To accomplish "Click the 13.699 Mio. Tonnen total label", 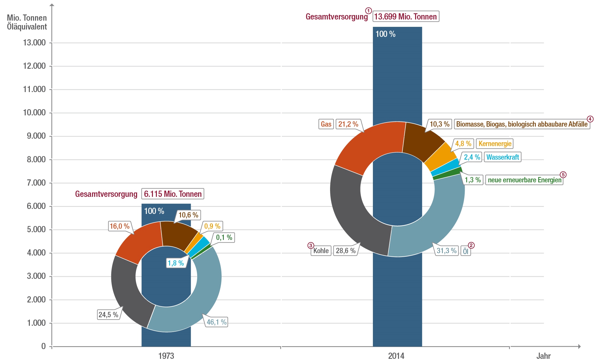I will pyautogui.click(x=406, y=17).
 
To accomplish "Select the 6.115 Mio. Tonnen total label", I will pyautogui.click(x=173, y=194).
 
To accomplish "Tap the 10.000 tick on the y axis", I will pyautogui.click(x=34, y=112).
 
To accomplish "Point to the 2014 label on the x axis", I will pyautogui.click(x=396, y=356).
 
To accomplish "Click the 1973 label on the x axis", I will pyautogui.click(x=166, y=356).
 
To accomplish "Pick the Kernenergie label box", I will pyautogui.click(x=495, y=144).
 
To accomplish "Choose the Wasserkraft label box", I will pyautogui.click(x=503, y=157).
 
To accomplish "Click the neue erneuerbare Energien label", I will pyautogui.click(x=524, y=180).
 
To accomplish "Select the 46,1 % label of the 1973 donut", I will pyautogui.click(x=216, y=322).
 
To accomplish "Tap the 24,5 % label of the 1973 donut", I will pyautogui.click(x=108, y=315).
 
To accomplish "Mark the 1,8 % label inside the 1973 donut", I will pyautogui.click(x=176, y=263).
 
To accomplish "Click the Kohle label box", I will pyautogui.click(x=321, y=251).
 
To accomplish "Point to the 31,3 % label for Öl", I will pyautogui.click(x=447, y=251).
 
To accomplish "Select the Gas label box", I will pyautogui.click(x=326, y=124).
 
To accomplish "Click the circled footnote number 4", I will pyautogui.click(x=590, y=119).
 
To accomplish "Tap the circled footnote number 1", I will pyautogui.click(x=368, y=11).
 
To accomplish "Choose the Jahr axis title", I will pyautogui.click(x=543, y=356).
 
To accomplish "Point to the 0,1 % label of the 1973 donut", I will pyautogui.click(x=224, y=237).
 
